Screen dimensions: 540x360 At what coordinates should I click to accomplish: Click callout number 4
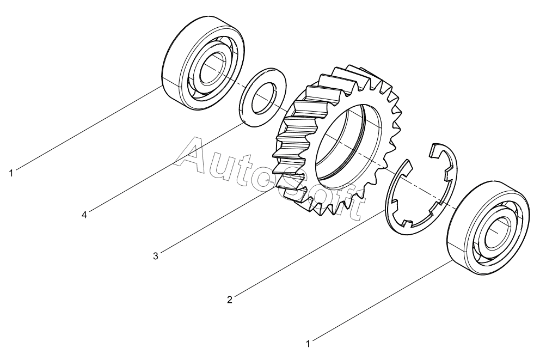click(84, 215)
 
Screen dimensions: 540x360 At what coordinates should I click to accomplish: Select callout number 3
click(156, 257)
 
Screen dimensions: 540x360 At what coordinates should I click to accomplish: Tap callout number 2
click(230, 300)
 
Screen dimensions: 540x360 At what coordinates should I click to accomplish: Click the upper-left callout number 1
click(11, 173)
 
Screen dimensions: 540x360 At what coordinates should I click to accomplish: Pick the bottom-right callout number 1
click(308, 344)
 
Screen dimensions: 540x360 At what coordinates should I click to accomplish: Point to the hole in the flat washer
click(263, 98)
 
